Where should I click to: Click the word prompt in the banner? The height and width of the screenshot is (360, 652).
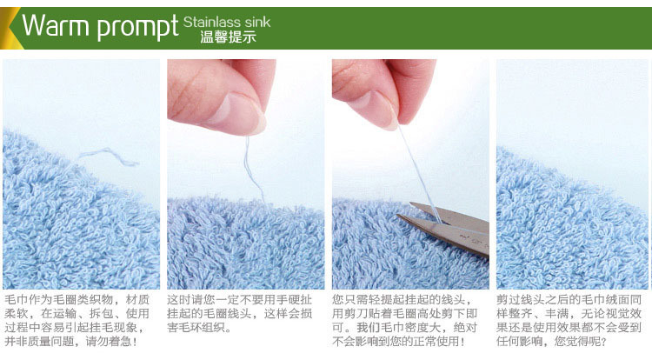[138, 28]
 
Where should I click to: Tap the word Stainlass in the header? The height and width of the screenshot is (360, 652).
[212, 22]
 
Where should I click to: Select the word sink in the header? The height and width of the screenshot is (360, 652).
[257, 22]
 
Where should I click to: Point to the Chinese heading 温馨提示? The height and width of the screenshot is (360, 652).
[228, 37]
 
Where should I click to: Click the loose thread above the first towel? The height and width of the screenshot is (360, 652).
[109, 157]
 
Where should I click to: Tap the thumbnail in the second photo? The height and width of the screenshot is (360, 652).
[235, 113]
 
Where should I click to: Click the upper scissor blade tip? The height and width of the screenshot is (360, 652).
[411, 203]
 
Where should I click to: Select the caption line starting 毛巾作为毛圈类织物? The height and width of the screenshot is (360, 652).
[77, 300]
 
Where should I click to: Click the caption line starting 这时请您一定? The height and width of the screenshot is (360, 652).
[240, 300]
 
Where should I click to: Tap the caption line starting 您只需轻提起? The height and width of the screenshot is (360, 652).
[402, 300]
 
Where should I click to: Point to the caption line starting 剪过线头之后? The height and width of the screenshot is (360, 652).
[569, 300]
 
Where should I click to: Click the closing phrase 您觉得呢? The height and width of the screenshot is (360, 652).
[581, 342]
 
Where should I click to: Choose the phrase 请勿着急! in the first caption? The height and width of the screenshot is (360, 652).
[111, 342]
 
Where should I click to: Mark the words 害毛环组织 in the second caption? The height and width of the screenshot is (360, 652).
[194, 328]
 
